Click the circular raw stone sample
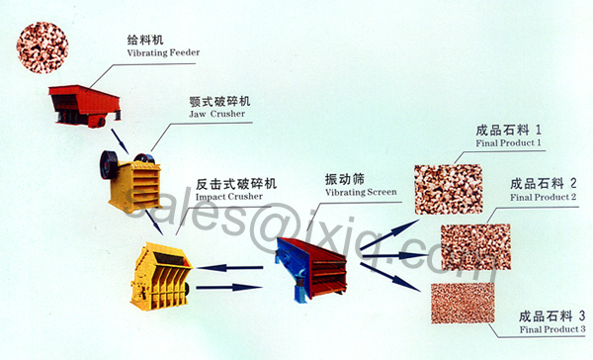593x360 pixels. pyautogui.click(x=42, y=47)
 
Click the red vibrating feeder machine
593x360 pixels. pyautogui.click(x=85, y=106)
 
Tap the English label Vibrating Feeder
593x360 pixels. pyautogui.click(x=163, y=52)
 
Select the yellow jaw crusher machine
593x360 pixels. pyautogui.click(x=130, y=181)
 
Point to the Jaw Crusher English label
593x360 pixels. pyautogui.click(x=217, y=114)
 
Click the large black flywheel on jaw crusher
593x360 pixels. pyautogui.click(x=109, y=165)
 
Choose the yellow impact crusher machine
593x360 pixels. pyautogui.click(x=161, y=276)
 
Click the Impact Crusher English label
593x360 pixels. pyautogui.click(x=229, y=197)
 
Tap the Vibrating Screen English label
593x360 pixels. pyautogui.click(x=361, y=192)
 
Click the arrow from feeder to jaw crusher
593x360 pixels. pyautogui.click(x=120, y=141)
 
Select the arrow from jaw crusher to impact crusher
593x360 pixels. pyautogui.click(x=154, y=223)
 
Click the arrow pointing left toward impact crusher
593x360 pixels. pyautogui.click(x=229, y=268)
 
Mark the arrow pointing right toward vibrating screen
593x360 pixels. pyautogui.click(x=229, y=288)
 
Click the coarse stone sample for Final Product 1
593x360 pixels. pyautogui.click(x=448, y=189)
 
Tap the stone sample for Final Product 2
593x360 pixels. pyautogui.click(x=475, y=247)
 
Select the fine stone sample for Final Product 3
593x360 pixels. pyautogui.click(x=463, y=304)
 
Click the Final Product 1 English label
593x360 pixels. pyautogui.click(x=508, y=143)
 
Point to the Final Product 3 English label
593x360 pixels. pyautogui.click(x=552, y=329)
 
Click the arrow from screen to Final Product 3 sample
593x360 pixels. pyautogui.click(x=390, y=278)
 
